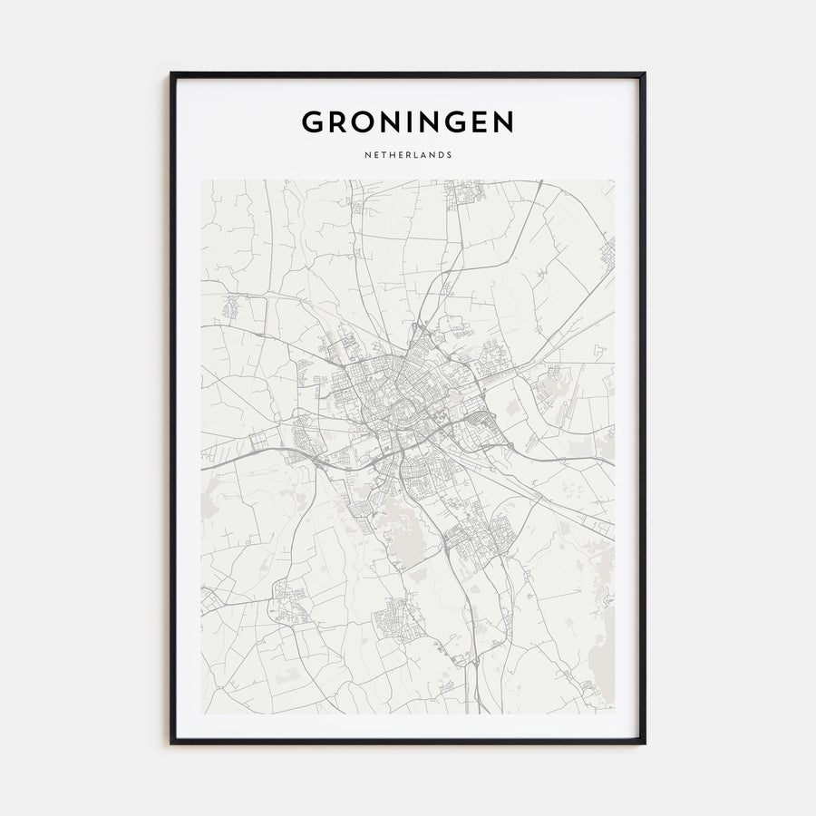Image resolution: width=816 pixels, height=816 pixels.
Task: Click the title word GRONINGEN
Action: [408, 121]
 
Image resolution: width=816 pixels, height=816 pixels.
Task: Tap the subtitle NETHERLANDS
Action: [408, 155]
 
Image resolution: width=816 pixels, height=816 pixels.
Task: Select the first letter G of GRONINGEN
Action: [313, 121]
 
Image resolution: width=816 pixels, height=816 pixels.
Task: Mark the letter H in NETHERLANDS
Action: [391, 155]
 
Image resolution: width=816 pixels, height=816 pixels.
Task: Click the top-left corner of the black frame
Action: [171, 73]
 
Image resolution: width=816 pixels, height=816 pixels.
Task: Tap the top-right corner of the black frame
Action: [644, 73]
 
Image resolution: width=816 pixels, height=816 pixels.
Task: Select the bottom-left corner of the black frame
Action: [171, 743]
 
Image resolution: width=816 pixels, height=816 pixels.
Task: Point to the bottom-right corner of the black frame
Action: [644, 743]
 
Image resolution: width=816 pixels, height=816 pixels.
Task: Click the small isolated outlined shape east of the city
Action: [599, 350]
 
